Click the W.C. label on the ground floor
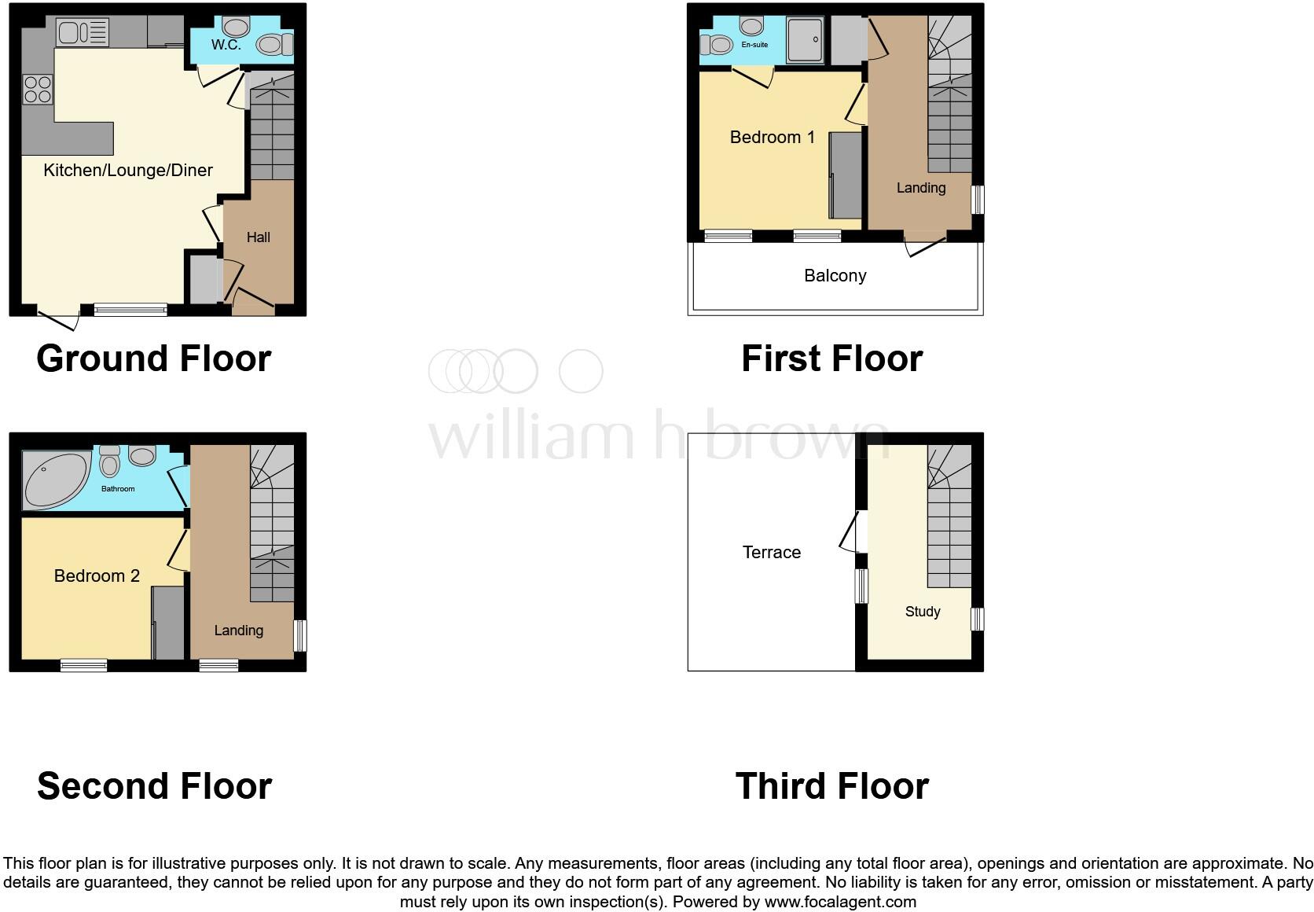(226, 45)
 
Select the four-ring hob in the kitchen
(38, 89)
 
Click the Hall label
(259, 237)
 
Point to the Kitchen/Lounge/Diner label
(128, 171)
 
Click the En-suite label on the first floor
(754, 45)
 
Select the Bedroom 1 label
(773, 138)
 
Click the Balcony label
(835, 276)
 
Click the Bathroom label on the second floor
(118, 489)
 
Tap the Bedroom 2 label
(97, 576)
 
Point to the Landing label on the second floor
(239, 631)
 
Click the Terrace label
(772, 553)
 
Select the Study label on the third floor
(923, 612)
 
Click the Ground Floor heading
(154, 359)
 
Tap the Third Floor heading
(832, 786)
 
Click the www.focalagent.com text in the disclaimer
(840, 902)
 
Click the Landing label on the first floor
(921, 188)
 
